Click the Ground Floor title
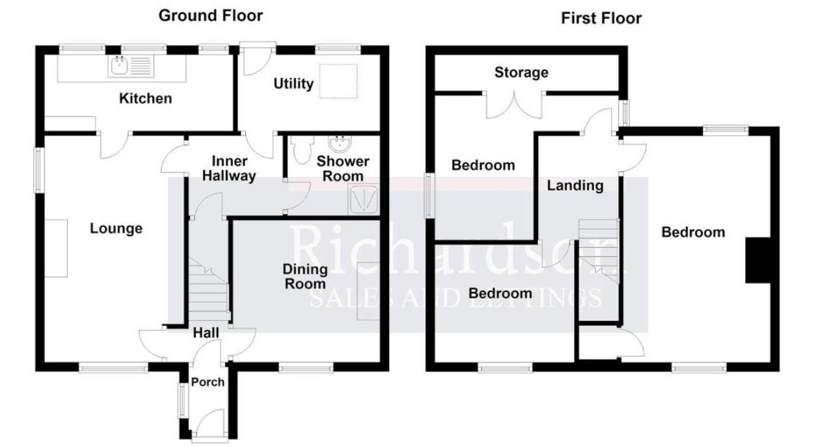click(211, 16)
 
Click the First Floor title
click(601, 18)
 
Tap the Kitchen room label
click(145, 98)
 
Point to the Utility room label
click(293, 83)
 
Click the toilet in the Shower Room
click(300, 152)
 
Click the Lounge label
click(116, 228)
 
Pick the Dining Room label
click(304, 276)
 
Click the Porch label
click(208, 382)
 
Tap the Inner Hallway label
click(228, 169)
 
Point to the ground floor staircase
click(209, 290)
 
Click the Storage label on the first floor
click(521, 72)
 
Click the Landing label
click(575, 185)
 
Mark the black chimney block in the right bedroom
click(757, 260)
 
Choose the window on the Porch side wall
click(182, 400)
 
